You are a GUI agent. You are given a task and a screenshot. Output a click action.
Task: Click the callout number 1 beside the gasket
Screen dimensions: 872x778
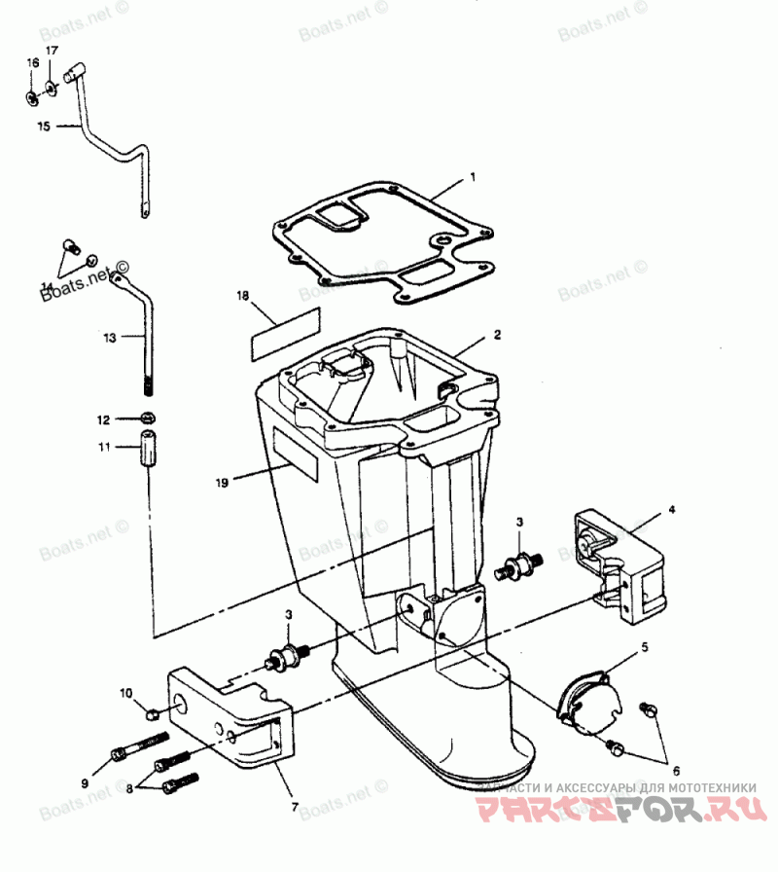coord(473,178)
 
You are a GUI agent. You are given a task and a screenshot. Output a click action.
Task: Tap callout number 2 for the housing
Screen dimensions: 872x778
coord(497,335)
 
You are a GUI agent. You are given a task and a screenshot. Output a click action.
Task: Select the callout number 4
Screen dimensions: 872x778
coord(670,509)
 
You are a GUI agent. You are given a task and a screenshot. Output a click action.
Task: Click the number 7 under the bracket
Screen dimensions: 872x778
coord(295,807)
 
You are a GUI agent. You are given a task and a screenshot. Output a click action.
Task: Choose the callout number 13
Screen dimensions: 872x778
coord(110,338)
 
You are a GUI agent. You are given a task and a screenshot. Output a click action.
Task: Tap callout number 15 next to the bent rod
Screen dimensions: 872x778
coord(42,126)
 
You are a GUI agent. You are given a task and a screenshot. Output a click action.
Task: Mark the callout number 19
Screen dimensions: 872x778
coord(223,482)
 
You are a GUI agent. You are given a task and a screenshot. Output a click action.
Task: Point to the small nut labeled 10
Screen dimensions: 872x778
coord(151,714)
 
